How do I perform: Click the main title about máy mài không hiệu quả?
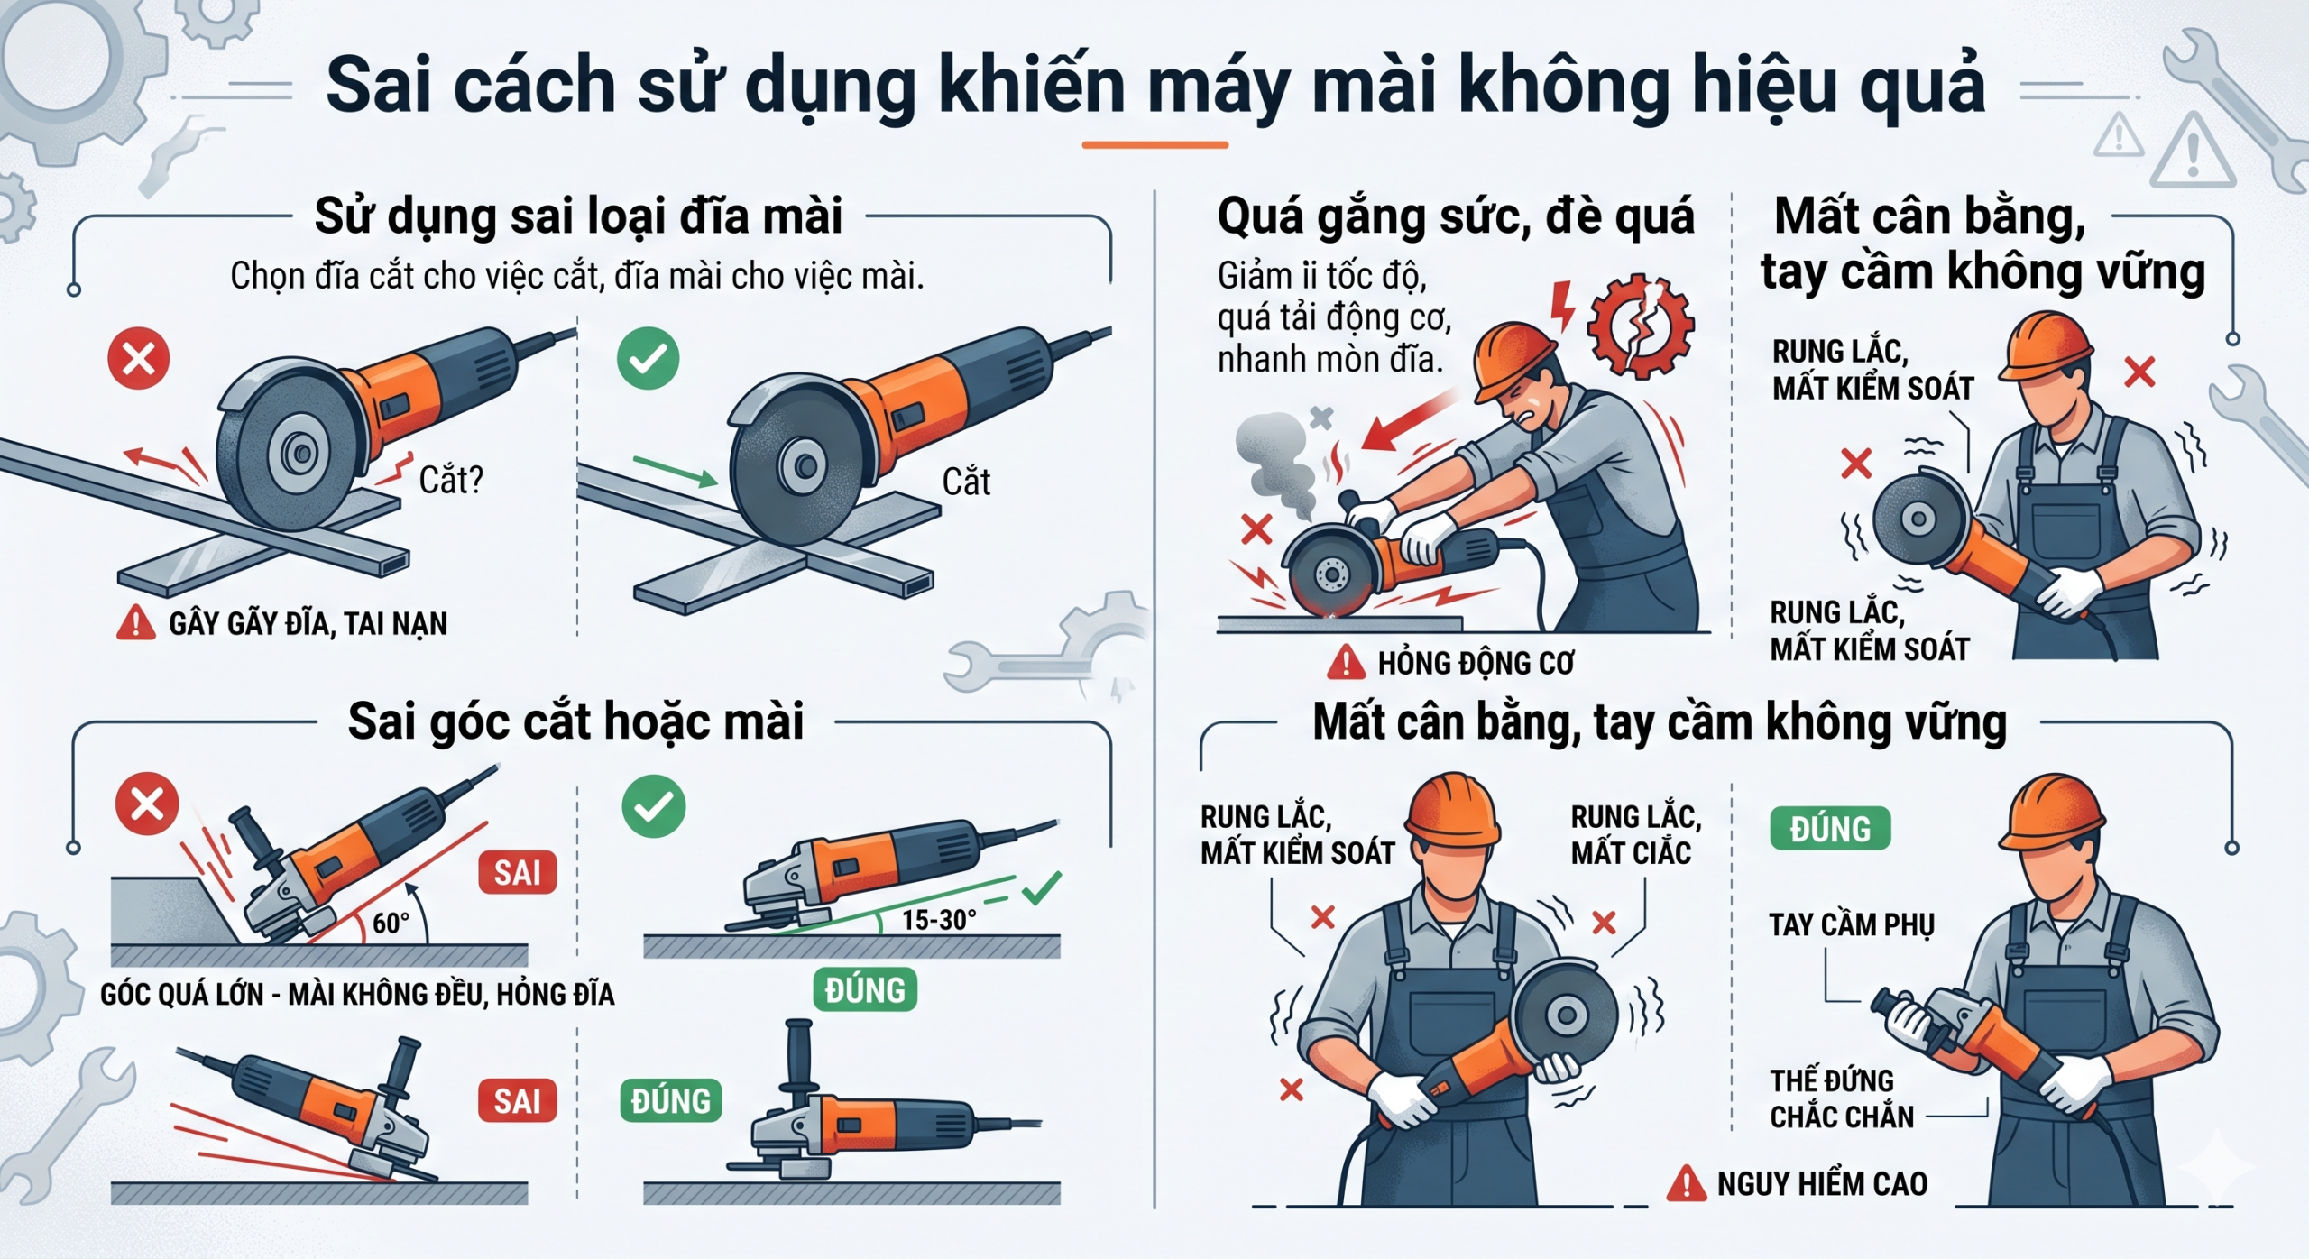(x=1155, y=86)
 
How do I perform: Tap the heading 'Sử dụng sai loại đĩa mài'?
(x=578, y=216)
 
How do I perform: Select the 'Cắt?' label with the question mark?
(x=451, y=480)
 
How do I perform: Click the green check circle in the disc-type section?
(x=648, y=359)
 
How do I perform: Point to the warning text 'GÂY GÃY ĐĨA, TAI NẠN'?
(x=308, y=623)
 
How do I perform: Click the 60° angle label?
(x=391, y=923)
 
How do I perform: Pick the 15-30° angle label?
(x=939, y=920)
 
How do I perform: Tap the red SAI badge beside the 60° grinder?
(x=517, y=872)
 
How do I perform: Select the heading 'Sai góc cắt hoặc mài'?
(x=576, y=721)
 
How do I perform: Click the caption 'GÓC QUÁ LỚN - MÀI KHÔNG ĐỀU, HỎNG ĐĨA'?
(x=357, y=994)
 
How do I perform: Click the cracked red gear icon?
(x=1641, y=325)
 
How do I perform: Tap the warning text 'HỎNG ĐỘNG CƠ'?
(x=1476, y=663)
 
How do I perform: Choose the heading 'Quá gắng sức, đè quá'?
(x=1456, y=216)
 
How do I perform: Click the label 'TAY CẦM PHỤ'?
(x=1852, y=924)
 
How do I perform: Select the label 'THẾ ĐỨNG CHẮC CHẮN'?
(x=1842, y=1098)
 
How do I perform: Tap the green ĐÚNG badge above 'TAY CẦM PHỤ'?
(x=1830, y=828)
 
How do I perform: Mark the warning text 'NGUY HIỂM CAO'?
(x=1822, y=1183)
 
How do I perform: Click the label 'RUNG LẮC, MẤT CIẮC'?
(x=1636, y=834)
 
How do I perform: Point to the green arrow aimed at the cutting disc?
(x=676, y=471)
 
